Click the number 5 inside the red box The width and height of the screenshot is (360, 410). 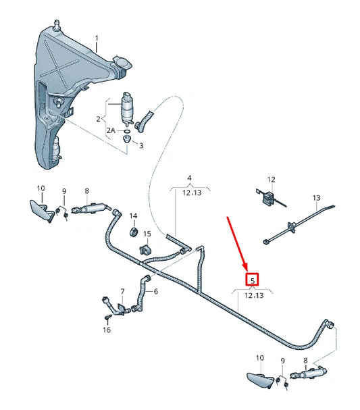pos(253,280)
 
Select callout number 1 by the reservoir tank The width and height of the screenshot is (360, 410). pos(96,38)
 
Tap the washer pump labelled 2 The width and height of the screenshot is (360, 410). pos(126,107)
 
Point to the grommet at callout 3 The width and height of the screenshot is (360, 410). pos(126,138)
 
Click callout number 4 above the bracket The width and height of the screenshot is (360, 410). pos(190,178)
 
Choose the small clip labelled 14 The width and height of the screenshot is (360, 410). pos(134,234)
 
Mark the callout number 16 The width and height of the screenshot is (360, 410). pos(106,330)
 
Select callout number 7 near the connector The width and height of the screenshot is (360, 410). pos(122,291)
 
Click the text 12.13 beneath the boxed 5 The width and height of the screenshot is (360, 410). pos(253,295)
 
